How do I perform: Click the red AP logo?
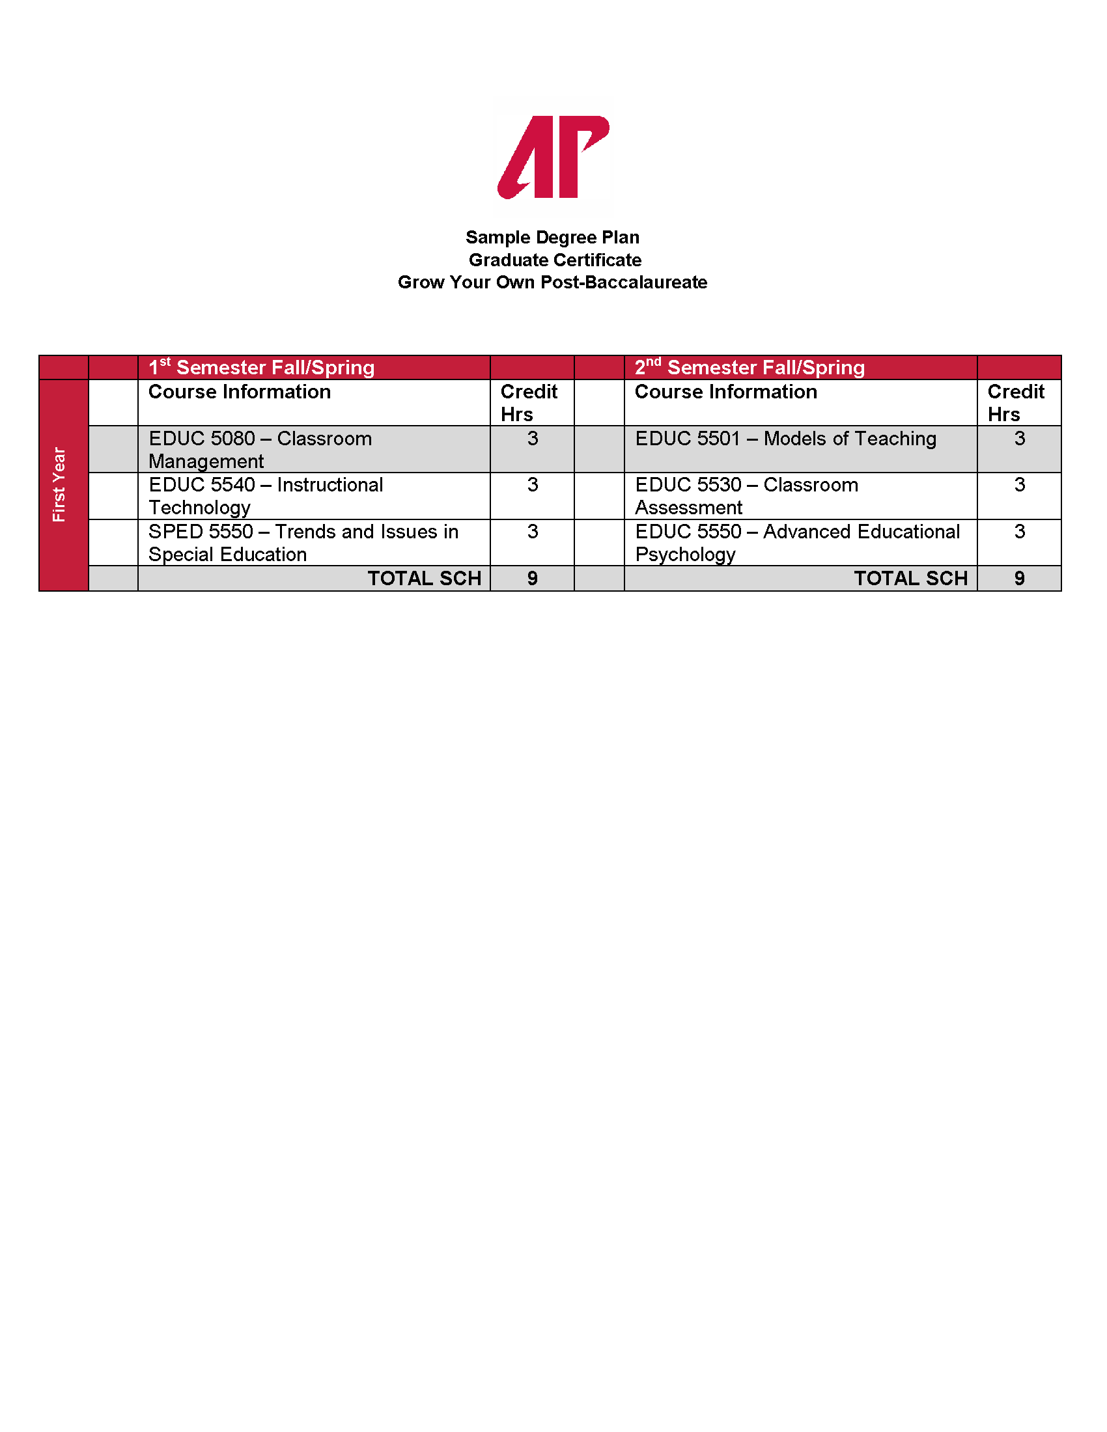pyautogui.click(x=553, y=157)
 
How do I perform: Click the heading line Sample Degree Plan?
pyautogui.click(x=552, y=238)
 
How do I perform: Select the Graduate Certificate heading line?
pyautogui.click(x=555, y=260)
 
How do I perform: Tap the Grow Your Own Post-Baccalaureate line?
pyautogui.click(x=552, y=282)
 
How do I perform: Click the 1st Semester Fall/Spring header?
pyautogui.click(x=262, y=367)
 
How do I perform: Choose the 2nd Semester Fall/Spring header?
pyautogui.click(x=750, y=367)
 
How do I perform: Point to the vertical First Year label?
pyautogui.click(x=59, y=484)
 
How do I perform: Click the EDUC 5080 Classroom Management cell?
pyautogui.click(x=260, y=450)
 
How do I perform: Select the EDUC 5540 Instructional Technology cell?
pyautogui.click(x=266, y=496)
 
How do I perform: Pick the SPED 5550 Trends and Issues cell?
pyautogui.click(x=303, y=543)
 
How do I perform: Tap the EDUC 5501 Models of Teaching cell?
pyautogui.click(x=786, y=439)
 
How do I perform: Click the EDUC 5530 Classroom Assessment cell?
pyautogui.click(x=746, y=496)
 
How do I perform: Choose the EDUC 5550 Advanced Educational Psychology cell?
pyautogui.click(x=797, y=543)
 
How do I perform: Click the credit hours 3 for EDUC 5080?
pyautogui.click(x=533, y=439)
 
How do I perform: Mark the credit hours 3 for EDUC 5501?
pyautogui.click(x=1019, y=439)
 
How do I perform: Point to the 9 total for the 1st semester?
pyautogui.click(x=533, y=578)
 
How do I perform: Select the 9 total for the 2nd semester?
pyautogui.click(x=1019, y=578)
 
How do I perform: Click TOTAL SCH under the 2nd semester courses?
pyautogui.click(x=910, y=578)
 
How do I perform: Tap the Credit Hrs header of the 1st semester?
pyautogui.click(x=529, y=402)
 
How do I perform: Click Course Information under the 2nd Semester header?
pyautogui.click(x=726, y=392)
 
